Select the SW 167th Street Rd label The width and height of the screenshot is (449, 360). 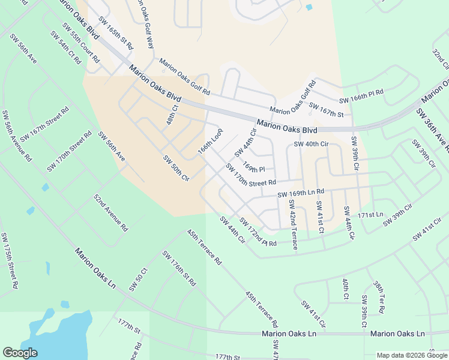pyautogui.click(x=45, y=125)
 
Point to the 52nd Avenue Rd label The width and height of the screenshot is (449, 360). pyautogui.click(x=110, y=212)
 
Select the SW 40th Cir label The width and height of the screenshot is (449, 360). pyautogui.click(x=311, y=144)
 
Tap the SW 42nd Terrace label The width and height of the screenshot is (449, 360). pyautogui.click(x=292, y=230)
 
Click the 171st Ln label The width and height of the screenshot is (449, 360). pyautogui.click(x=370, y=214)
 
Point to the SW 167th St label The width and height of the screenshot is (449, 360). pyautogui.click(x=328, y=112)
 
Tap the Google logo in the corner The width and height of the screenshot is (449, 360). pyautogui.click(x=20, y=353)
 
